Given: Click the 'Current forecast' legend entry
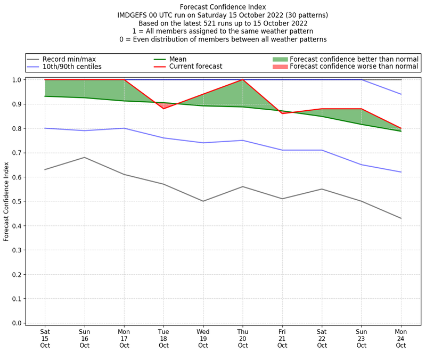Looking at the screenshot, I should pyautogui.click(x=195, y=67).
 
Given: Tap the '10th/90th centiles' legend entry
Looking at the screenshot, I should pyautogui.click(x=72, y=67).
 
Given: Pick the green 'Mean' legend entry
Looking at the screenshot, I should pyautogui.click(x=178, y=59).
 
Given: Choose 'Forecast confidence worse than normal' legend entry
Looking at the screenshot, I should pyautogui.click(x=354, y=67).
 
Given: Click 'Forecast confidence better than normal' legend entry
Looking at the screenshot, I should pyautogui.click(x=354, y=59).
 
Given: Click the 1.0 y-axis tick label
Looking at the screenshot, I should pyautogui.click(x=18, y=80).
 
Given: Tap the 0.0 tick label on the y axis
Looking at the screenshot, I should pyautogui.click(x=18, y=323).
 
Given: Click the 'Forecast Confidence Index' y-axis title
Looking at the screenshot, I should pyautogui.click(x=6, y=201).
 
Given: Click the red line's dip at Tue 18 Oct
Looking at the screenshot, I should pyautogui.click(x=163, y=109).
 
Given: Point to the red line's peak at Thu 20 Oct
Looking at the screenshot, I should pyautogui.click(x=243, y=80).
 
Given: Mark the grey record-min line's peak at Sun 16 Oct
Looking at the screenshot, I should pyautogui.click(x=84, y=157).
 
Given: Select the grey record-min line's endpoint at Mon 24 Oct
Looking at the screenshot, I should pyautogui.click(x=401, y=218).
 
